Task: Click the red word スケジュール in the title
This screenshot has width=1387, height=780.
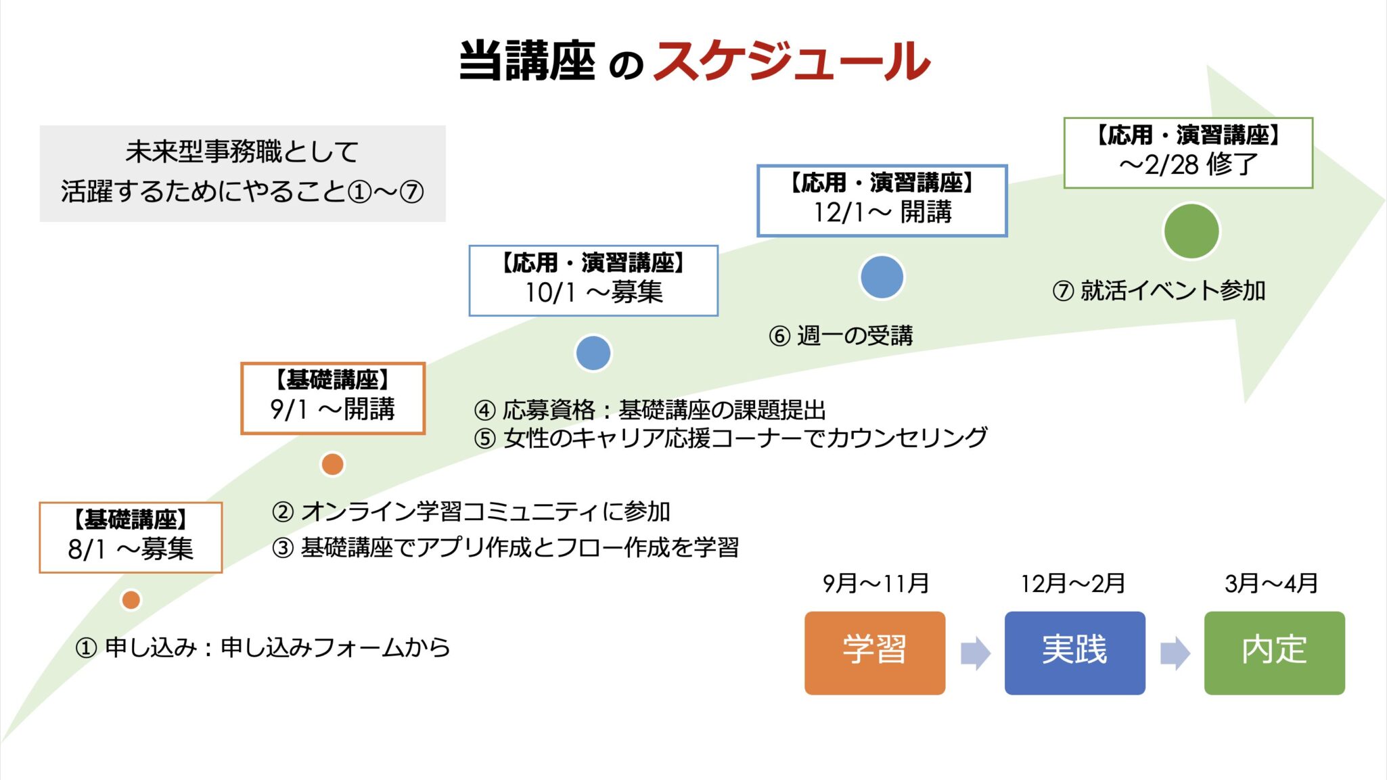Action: [x=792, y=61]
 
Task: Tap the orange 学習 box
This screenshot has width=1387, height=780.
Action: [x=875, y=653]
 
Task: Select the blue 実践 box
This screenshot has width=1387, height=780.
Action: [x=1074, y=653]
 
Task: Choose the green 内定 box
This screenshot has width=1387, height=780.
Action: [x=1275, y=653]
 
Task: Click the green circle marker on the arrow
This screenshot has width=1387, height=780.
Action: [x=1191, y=231]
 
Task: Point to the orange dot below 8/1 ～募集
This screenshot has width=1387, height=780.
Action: [x=131, y=599]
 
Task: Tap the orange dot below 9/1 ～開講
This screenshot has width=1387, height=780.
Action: [x=332, y=464]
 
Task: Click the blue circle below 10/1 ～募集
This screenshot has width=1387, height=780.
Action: [x=593, y=353]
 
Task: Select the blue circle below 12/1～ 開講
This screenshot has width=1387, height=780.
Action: [x=882, y=277]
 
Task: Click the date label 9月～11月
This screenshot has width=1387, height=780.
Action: [x=876, y=583]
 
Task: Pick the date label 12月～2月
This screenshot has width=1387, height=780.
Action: [x=1073, y=583]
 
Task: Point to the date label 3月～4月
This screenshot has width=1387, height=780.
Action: [x=1271, y=583]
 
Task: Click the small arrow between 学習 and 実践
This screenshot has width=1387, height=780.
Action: [x=975, y=653]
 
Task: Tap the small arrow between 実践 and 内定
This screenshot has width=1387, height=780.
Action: [x=1175, y=653]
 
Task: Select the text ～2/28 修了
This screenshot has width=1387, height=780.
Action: [x=1188, y=164]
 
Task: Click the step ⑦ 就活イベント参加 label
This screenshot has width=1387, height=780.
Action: [x=1159, y=290]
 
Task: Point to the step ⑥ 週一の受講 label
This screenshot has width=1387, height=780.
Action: [x=841, y=336]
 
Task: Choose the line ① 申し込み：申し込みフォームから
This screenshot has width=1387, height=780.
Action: [x=263, y=647]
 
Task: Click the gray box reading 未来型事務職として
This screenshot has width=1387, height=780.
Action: [x=243, y=173]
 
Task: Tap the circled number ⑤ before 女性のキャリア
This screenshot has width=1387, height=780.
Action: [x=484, y=438]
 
